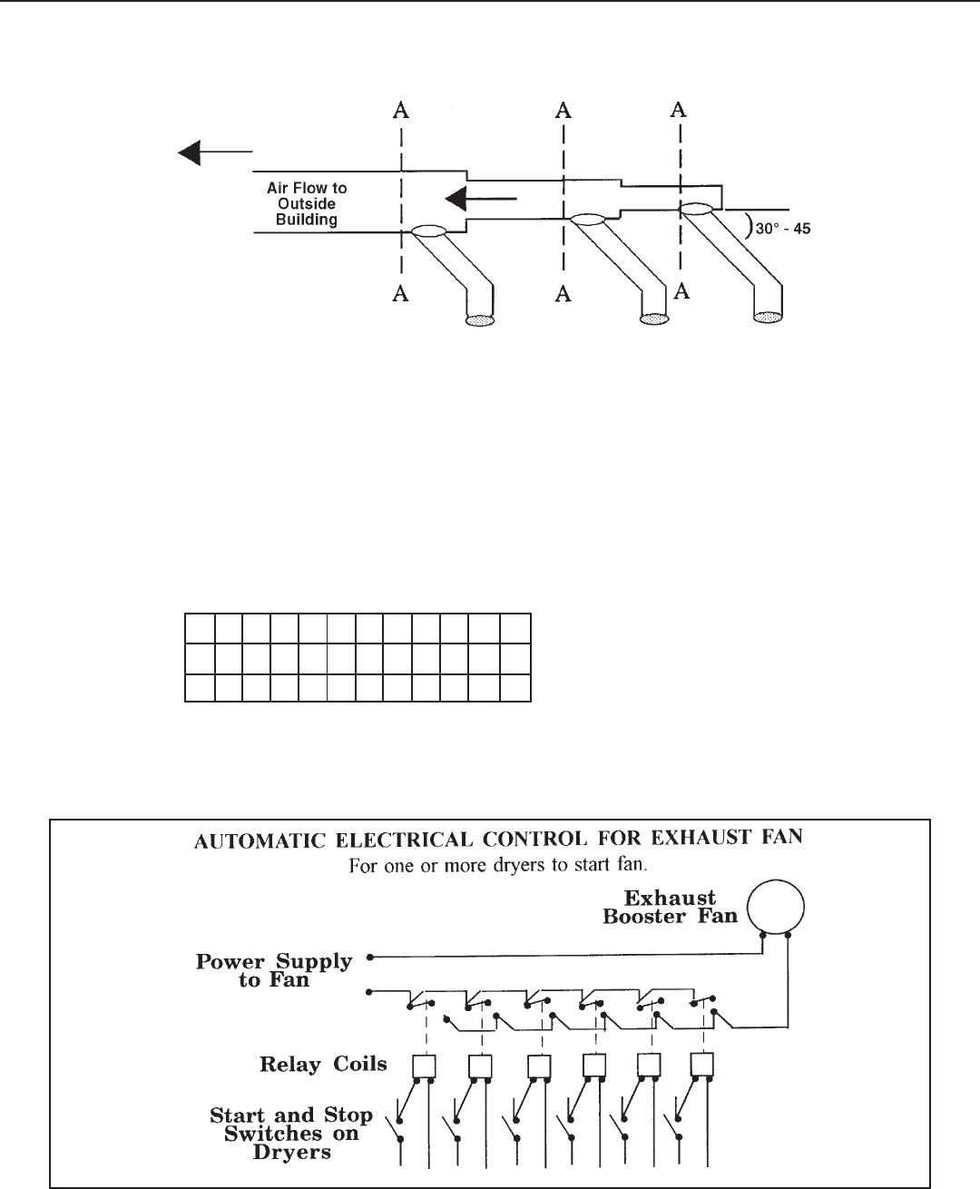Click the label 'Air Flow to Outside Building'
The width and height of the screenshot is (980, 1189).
[x=307, y=204]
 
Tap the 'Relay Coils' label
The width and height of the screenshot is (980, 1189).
[x=323, y=1064]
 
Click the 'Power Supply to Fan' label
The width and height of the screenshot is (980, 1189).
[x=274, y=970]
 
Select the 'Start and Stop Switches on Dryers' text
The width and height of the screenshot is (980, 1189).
[x=290, y=1134]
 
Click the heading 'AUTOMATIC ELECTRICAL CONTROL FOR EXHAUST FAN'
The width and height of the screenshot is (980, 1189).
[x=500, y=840]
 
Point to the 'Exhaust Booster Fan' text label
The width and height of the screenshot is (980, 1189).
[x=671, y=907]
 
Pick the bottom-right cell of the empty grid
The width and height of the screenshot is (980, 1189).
[x=515, y=688]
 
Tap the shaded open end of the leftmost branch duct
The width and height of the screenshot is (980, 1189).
[x=479, y=319]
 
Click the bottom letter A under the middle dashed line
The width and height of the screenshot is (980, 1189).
[x=564, y=293]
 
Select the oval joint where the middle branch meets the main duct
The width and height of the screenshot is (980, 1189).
[x=587, y=219]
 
